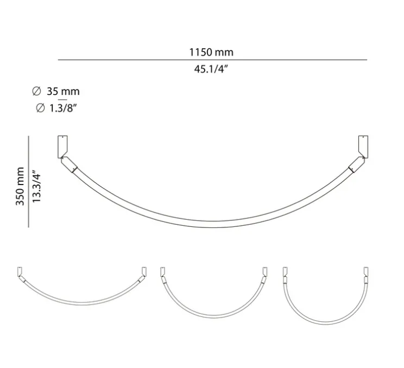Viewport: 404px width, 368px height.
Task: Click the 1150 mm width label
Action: pos(211,52)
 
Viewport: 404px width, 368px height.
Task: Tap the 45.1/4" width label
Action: pos(211,69)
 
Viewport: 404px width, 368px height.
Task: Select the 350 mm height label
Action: pos(20,186)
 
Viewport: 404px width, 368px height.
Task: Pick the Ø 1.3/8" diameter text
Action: pos(57,108)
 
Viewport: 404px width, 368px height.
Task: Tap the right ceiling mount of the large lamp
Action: pos(362,146)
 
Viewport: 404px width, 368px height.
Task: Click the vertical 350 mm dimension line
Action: pos(28,182)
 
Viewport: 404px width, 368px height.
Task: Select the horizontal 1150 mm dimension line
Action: pos(212,60)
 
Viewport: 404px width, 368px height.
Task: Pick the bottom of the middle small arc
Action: pos(213,318)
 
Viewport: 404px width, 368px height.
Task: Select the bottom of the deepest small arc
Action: pos(324,325)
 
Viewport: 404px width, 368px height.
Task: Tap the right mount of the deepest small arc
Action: pos(364,271)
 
